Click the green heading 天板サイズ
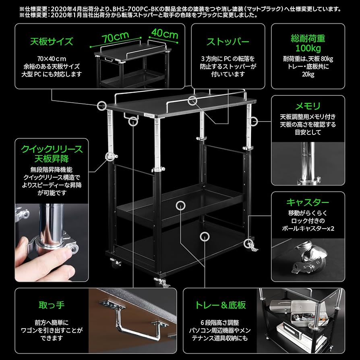(52, 41)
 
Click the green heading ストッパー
(228, 41)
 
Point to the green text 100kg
(308, 48)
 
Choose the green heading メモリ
(308, 106)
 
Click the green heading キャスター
(308, 202)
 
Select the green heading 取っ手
(52, 305)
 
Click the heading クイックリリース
(52, 149)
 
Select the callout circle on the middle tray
(180, 205)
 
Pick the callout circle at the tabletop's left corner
(101, 106)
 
